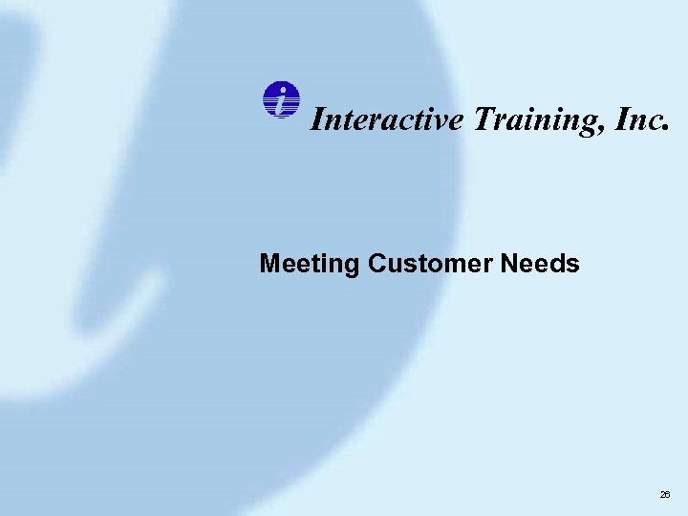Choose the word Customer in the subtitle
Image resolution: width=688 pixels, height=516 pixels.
click(429, 263)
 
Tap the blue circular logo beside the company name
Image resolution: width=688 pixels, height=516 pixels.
click(280, 100)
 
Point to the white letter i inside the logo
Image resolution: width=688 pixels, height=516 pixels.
click(280, 99)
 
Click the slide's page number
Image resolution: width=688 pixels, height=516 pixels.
click(665, 495)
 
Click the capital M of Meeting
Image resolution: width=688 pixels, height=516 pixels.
click(269, 263)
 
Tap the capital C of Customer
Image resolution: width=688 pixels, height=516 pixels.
click(375, 263)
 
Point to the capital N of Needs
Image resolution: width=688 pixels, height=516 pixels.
click(507, 263)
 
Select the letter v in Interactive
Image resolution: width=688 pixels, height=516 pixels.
click(447, 121)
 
